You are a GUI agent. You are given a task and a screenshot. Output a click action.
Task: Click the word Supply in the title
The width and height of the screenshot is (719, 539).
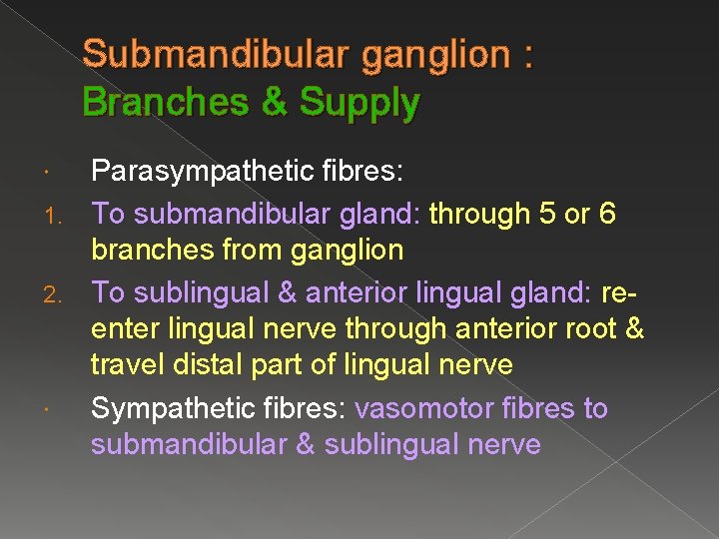point(360,103)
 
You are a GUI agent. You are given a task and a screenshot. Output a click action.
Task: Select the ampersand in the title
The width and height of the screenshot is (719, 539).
point(274,102)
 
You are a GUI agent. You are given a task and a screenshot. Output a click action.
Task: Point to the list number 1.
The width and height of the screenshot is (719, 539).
point(59,214)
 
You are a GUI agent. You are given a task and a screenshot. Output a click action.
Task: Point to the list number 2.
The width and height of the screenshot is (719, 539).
point(59,294)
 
